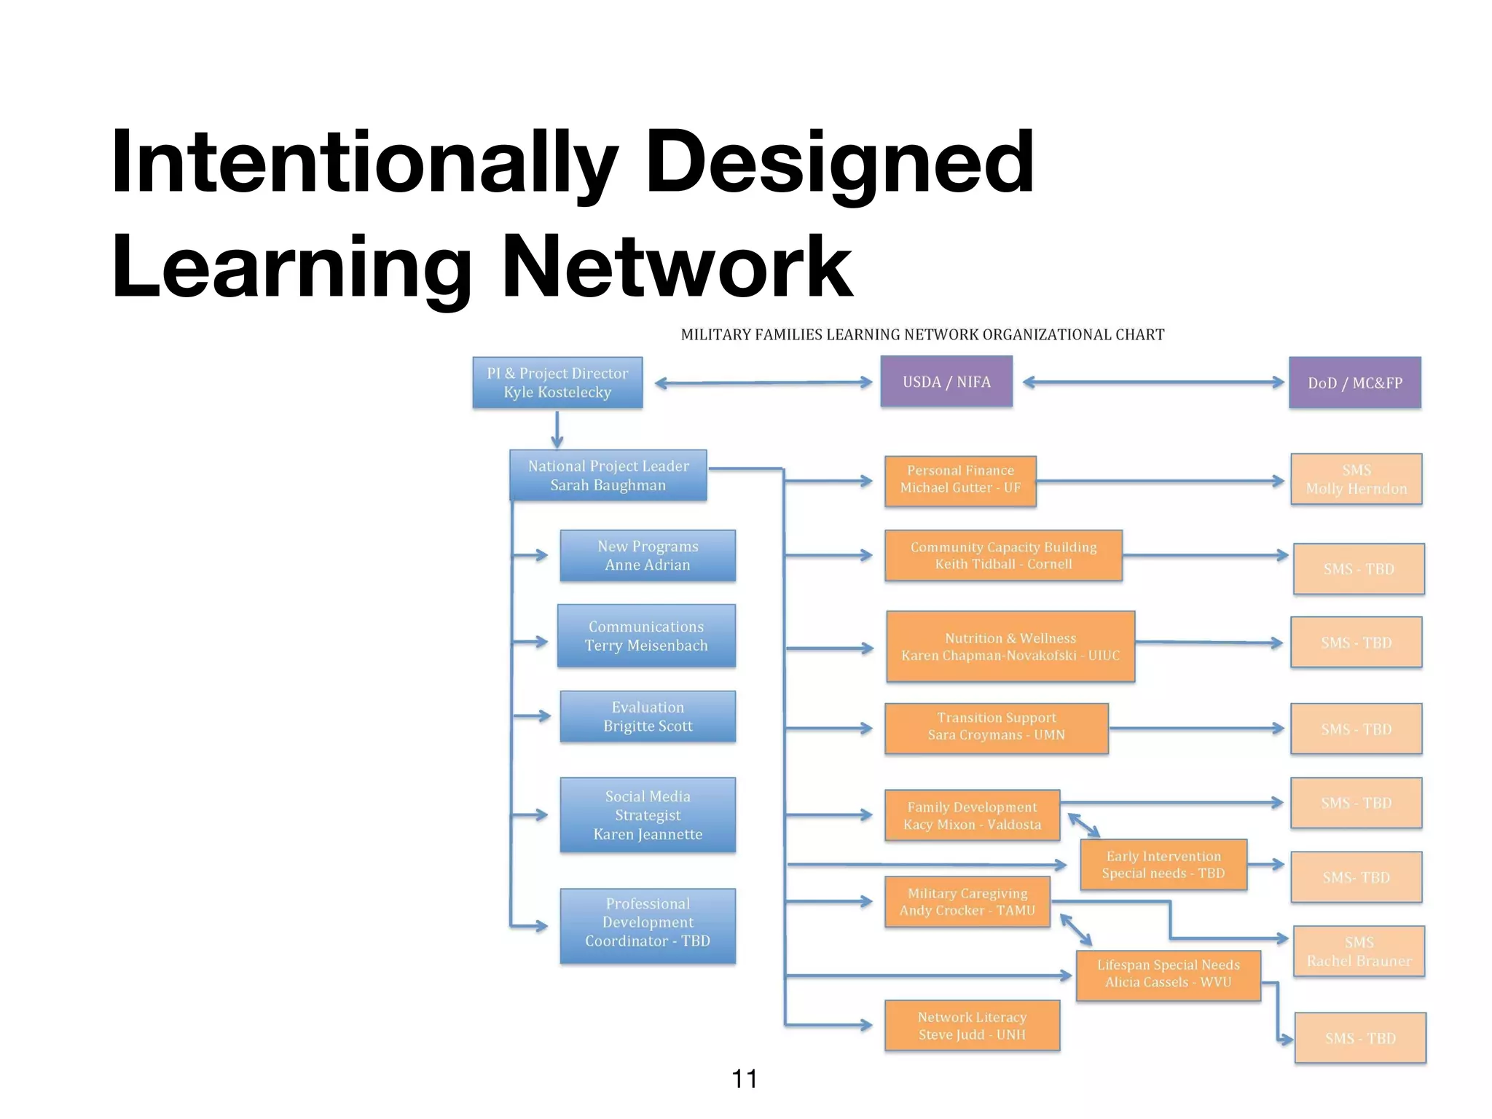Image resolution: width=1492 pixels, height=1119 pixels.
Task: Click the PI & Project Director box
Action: (x=557, y=382)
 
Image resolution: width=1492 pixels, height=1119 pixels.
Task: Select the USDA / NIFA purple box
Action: (x=946, y=382)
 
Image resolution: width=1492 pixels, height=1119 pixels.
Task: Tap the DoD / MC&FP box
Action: (x=1354, y=382)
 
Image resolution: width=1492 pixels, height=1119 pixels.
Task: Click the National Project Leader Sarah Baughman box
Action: (x=608, y=475)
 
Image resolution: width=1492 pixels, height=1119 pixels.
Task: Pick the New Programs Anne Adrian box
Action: (x=648, y=555)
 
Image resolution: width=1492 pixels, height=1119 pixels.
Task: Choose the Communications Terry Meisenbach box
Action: (x=646, y=635)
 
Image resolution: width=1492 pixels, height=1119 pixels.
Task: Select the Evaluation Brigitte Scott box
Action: (x=648, y=716)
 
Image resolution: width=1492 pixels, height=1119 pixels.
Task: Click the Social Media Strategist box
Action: (x=648, y=814)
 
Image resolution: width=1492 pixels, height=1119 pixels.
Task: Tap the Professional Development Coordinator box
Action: (x=648, y=925)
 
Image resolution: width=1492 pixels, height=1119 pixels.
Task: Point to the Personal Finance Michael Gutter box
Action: (x=960, y=481)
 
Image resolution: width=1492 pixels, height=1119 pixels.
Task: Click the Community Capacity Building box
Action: (x=1003, y=555)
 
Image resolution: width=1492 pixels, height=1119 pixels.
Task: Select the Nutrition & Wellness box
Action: (x=1010, y=646)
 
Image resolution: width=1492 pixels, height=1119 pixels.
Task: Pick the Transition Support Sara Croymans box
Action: (x=996, y=728)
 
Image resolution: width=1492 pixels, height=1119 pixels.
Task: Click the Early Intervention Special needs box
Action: (x=1163, y=865)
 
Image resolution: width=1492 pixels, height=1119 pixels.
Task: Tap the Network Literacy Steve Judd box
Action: (x=972, y=1025)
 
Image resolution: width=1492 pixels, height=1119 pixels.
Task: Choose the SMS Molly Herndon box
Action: (x=1356, y=479)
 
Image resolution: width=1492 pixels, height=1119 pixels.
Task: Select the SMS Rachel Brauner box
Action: (x=1359, y=951)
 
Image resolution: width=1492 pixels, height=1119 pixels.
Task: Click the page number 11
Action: (x=744, y=1078)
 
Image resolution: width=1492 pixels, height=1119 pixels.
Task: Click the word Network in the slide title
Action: (x=677, y=267)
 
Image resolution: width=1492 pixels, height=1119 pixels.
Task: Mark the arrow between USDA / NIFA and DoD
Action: (x=1153, y=382)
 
